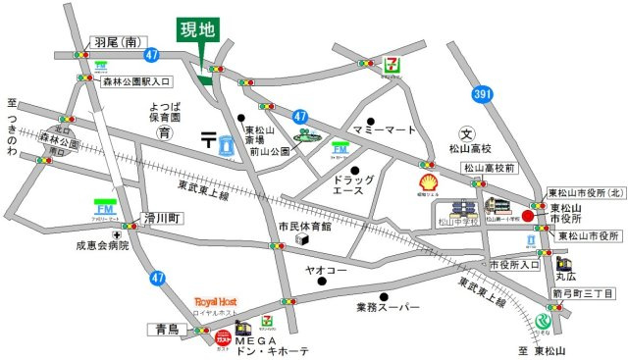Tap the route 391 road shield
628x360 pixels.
pyautogui.click(x=481, y=94)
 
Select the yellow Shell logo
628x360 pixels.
pyautogui.click(x=429, y=183)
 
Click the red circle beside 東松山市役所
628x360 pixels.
pyautogui.click(x=528, y=217)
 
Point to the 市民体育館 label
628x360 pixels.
pyautogui.click(x=305, y=226)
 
